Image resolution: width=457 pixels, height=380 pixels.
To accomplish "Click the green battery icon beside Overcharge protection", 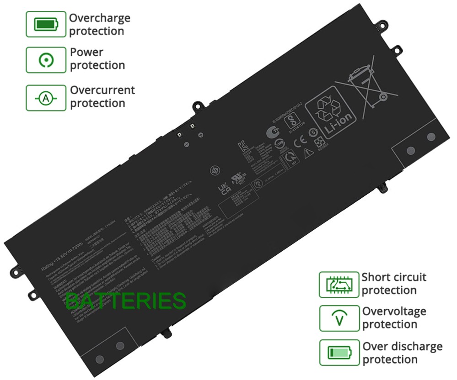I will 46,24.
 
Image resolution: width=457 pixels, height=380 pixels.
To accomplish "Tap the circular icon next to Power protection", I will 46,59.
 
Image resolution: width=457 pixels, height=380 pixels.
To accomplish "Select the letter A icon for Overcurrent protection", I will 46,98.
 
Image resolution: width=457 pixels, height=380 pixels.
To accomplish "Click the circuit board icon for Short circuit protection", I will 339,285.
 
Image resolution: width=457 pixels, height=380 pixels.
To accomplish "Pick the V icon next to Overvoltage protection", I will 339,319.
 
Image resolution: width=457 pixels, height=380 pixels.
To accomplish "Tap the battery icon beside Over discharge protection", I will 339,353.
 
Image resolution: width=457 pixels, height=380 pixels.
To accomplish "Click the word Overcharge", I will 100,18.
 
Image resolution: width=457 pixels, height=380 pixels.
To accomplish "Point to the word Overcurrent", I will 102,90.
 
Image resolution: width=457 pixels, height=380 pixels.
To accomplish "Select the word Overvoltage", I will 394,311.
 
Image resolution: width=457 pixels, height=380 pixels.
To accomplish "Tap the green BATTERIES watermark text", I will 126,301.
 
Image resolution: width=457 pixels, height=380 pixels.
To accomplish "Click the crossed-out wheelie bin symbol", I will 366,86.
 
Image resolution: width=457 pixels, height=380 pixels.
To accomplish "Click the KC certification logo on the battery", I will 243,147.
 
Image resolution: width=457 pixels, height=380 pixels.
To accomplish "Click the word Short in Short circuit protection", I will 376,277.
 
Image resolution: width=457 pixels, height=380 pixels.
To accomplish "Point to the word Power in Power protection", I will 86,52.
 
